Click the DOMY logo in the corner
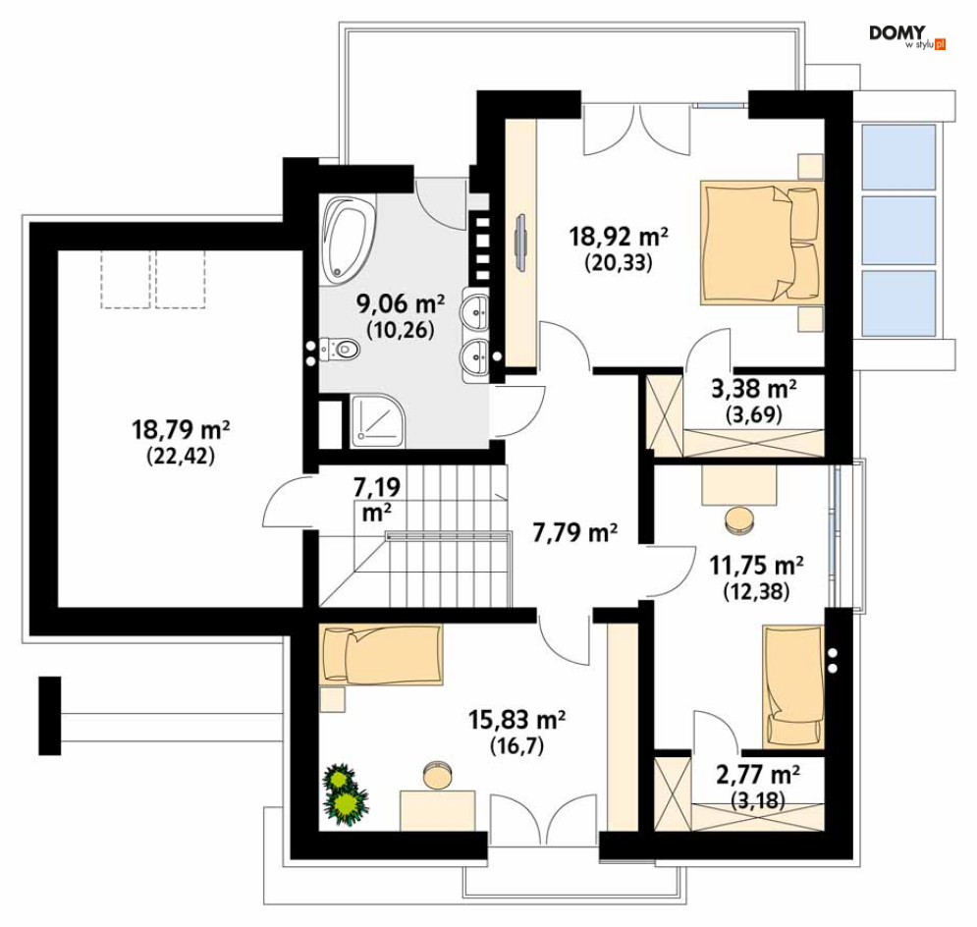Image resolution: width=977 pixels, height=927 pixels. click(x=907, y=36)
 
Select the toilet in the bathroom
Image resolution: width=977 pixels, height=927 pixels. click(x=339, y=349)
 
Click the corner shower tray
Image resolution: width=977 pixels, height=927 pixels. click(x=378, y=420)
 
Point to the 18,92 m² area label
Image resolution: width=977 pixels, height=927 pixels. click(x=619, y=237)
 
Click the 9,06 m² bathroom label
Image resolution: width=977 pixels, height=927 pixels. click(x=400, y=303)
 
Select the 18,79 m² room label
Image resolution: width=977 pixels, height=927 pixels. click(x=181, y=429)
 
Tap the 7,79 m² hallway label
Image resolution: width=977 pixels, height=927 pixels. click(x=575, y=532)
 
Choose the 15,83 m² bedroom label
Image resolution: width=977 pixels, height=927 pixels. click(x=516, y=720)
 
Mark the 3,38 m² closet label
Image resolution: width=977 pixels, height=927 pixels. click(x=754, y=389)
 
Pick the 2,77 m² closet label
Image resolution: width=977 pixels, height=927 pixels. click(x=758, y=775)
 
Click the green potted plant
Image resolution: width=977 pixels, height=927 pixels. click(x=345, y=794)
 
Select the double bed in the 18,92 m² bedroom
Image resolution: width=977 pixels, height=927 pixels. click(x=762, y=243)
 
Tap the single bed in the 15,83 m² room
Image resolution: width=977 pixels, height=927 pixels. click(x=381, y=655)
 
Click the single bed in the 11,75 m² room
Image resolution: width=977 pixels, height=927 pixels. click(x=793, y=685)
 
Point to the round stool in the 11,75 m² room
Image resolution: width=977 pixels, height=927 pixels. click(x=739, y=519)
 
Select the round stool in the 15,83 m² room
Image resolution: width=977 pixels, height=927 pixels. click(x=436, y=775)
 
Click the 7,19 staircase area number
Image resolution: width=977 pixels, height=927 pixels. click(x=376, y=487)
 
